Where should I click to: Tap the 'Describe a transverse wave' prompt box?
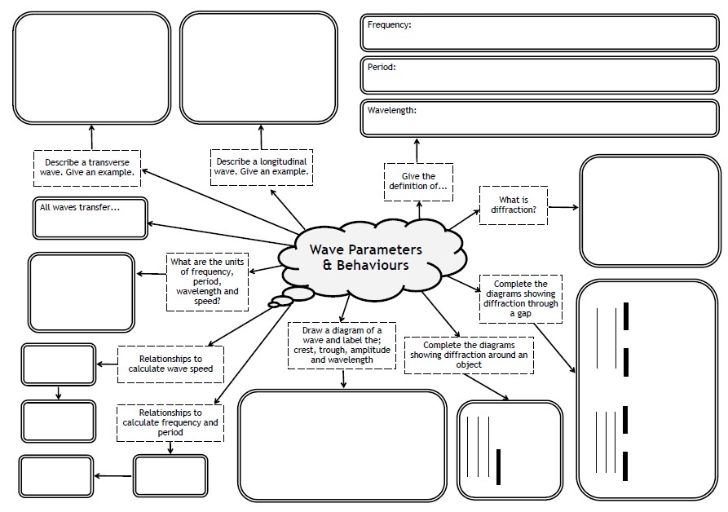87,168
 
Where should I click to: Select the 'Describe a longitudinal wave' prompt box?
262,166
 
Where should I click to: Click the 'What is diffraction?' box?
513,205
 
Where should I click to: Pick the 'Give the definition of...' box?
418,182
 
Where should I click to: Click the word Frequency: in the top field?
389,25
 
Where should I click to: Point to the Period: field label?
382,68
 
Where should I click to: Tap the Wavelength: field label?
391,110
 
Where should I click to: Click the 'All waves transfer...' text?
80,207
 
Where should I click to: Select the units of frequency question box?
207,280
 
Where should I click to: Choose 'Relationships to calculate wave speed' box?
170,364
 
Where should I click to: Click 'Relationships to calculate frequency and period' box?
170,422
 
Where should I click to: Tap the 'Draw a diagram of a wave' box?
342,344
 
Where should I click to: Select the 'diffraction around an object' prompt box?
469,355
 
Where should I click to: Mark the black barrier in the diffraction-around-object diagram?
498,466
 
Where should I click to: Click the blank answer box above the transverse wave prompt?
91,68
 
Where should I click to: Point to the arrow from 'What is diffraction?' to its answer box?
563,207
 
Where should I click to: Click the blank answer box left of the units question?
81,292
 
